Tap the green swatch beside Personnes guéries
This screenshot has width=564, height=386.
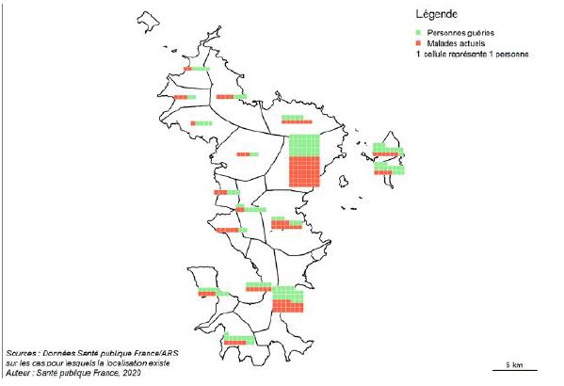[x=420, y=32]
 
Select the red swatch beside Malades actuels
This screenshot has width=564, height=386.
[x=420, y=43]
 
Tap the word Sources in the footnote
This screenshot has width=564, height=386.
[x=22, y=352]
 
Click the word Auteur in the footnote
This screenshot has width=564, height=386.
[x=21, y=374]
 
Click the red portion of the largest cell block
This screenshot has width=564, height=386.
[x=303, y=172]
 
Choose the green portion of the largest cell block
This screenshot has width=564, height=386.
[x=303, y=146]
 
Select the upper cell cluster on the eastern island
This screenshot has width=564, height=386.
[x=387, y=149]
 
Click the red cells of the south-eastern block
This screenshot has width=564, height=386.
[x=288, y=307]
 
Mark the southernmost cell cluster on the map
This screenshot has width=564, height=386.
[x=239, y=340]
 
